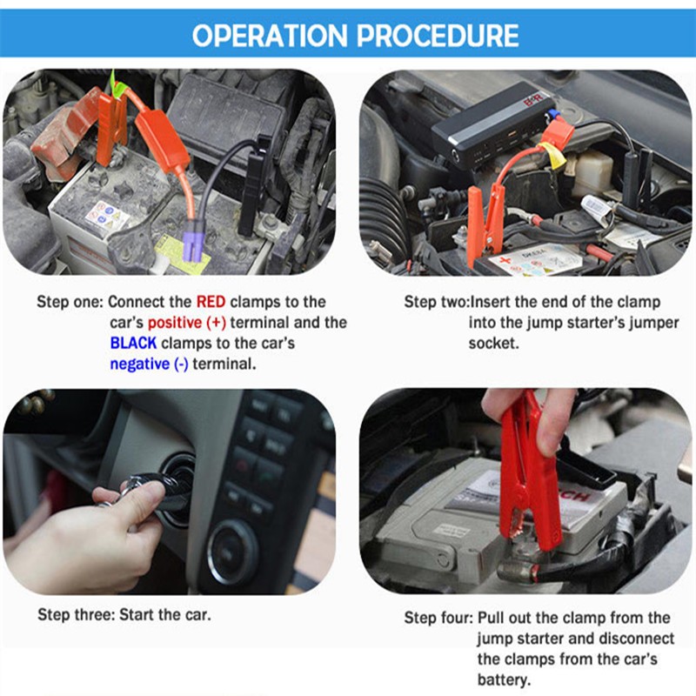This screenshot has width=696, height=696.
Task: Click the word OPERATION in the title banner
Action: coord(270,36)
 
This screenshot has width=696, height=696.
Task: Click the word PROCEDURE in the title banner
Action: coord(438,36)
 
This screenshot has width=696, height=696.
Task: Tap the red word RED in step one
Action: coord(211,302)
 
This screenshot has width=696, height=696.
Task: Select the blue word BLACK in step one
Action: coord(133,343)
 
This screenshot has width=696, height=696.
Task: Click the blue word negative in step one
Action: coord(140,364)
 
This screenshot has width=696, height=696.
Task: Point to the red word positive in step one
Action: coord(175,323)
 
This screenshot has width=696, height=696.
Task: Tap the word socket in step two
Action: coord(493,344)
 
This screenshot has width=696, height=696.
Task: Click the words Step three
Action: coord(77,615)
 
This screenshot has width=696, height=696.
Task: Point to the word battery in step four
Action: coord(504,680)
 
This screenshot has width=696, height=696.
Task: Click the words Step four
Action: coord(438,618)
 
